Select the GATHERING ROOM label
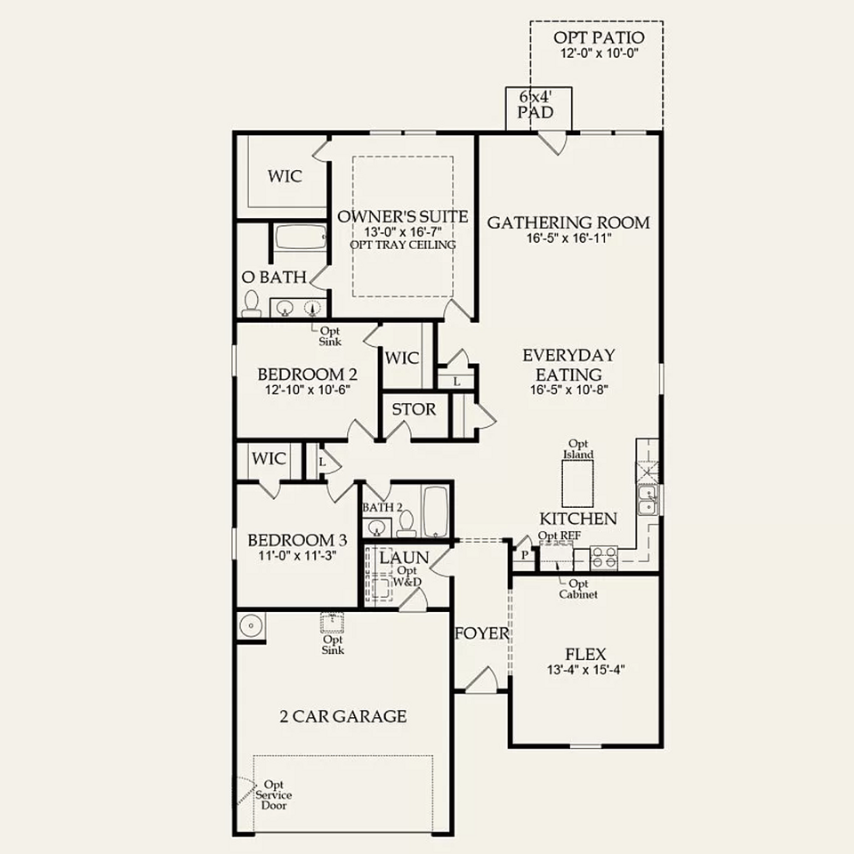tap(568, 222)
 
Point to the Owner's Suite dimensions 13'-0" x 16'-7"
tap(402, 231)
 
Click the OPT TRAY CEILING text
tap(402, 245)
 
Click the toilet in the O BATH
tap(252, 304)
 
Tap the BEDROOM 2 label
tap(301, 374)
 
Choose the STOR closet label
tap(414, 409)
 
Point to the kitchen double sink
tap(649, 501)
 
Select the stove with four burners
tap(605, 558)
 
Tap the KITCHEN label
tap(578, 519)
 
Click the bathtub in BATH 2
tap(435, 512)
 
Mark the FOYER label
tap(481, 633)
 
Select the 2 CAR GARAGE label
tap(343, 716)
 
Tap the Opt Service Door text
tap(276, 794)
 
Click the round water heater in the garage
tap(251, 626)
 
